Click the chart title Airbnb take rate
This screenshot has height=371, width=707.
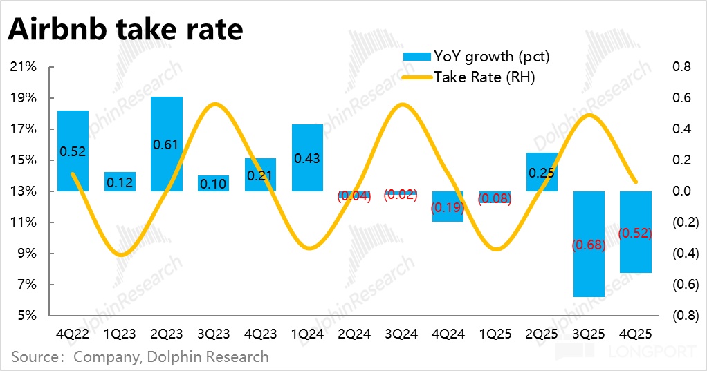pos(125,30)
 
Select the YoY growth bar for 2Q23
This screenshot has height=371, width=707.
pos(167,124)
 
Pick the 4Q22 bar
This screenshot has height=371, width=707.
pos(73,131)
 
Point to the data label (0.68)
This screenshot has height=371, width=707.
pos(589,245)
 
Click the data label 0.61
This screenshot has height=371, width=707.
pos(167,145)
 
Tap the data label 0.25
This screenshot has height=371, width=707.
pos(542,173)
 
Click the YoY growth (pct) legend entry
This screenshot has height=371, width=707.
pos(477,56)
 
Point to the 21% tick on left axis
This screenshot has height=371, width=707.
pos(24,67)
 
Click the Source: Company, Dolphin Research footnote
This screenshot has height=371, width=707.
pos(140,357)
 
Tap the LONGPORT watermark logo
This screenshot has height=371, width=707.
pos(626,352)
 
